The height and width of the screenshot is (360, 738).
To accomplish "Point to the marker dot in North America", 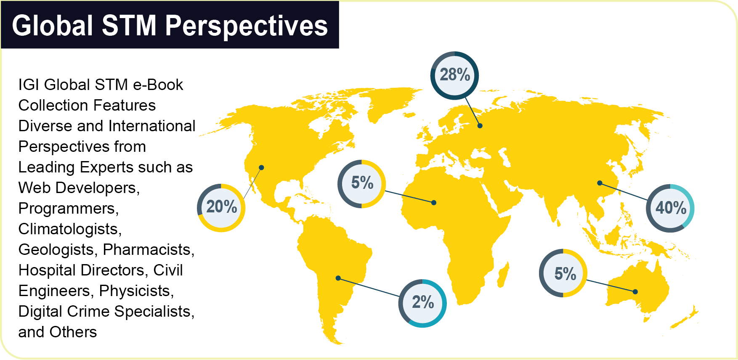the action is pyautogui.click(x=261, y=167).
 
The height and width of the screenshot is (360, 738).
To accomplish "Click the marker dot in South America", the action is pyautogui.click(x=338, y=278).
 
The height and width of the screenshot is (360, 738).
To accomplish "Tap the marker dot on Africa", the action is pyautogui.click(x=434, y=203).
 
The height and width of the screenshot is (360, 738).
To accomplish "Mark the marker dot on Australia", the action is pyautogui.click(x=635, y=291).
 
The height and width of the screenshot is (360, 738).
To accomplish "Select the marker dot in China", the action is pyautogui.click(x=600, y=183).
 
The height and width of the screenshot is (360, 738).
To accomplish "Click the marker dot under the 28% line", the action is pyautogui.click(x=480, y=126).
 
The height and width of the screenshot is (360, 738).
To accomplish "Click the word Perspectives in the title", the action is pyautogui.click(x=246, y=26).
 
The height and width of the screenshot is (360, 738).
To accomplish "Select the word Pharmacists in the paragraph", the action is pyautogui.click(x=149, y=250).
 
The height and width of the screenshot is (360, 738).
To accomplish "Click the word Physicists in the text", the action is pyautogui.click(x=136, y=291).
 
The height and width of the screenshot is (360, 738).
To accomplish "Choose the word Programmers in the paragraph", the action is pyautogui.click(x=69, y=209).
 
